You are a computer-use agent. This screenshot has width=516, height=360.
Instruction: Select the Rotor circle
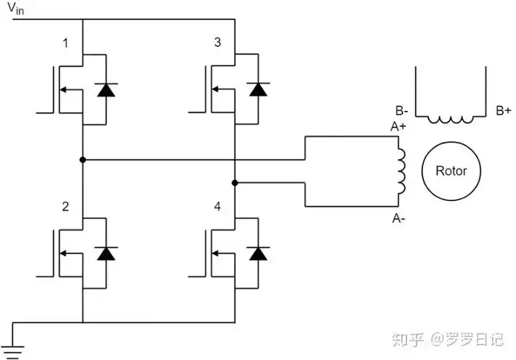coord(450,171)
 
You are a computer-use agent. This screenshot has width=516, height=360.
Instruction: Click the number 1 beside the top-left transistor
coord(66,44)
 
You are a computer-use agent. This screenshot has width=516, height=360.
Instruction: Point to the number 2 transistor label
coord(66,207)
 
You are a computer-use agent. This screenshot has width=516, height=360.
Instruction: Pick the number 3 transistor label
coord(218,44)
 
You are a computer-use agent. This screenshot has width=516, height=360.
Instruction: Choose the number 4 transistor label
coord(218,207)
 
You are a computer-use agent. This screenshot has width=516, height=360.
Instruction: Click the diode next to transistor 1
coord(107,90)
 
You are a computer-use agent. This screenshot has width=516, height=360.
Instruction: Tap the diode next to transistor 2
coord(107,253)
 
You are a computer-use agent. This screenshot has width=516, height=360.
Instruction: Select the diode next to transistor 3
coord(258,90)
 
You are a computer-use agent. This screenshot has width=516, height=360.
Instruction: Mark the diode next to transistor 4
coord(258,253)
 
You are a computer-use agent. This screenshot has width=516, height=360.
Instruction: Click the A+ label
coord(399,127)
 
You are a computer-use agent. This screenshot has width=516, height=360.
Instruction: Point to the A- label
coord(399,217)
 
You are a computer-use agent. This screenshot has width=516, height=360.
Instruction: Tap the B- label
coord(402,111)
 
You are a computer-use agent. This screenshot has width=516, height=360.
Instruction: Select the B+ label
coord(503,111)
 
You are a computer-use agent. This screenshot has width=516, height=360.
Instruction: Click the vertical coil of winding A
coord(401,172)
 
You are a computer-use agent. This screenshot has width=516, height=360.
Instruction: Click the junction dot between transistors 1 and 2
coord(83,159)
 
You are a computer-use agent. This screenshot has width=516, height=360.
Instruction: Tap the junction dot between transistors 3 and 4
coord(235,183)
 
